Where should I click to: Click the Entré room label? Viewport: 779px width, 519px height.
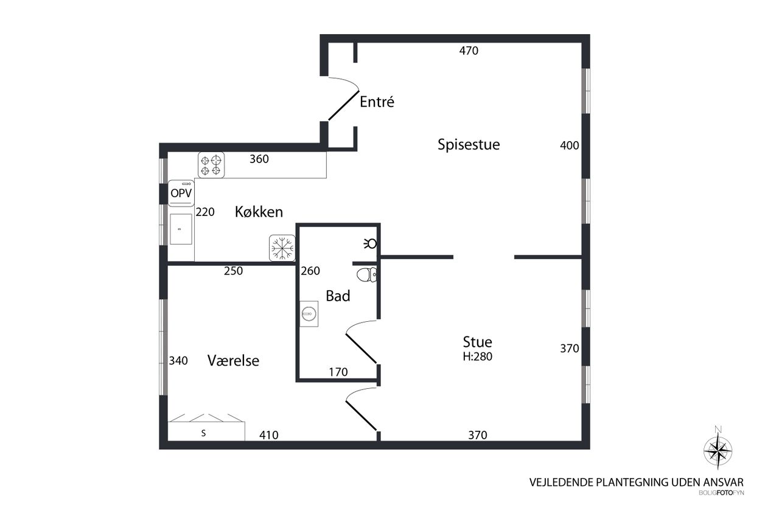click(x=377, y=102)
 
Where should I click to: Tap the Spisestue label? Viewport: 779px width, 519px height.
click(x=469, y=145)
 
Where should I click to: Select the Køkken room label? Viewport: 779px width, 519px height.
click(x=259, y=212)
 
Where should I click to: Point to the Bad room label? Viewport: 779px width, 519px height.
click(x=338, y=296)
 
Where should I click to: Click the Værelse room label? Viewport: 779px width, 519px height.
click(x=233, y=361)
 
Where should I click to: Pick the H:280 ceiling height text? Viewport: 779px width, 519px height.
click(x=477, y=357)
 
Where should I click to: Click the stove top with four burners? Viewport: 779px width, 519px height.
click(x=211, y=165)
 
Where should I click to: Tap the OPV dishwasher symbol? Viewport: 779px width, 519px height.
click(x=181, y=193)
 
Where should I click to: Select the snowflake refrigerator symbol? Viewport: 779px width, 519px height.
click(x=282, y=248)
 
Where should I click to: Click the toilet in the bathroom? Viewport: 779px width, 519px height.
click(x=366, y=274)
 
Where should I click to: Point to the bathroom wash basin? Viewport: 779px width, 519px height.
click(x=309, y=314)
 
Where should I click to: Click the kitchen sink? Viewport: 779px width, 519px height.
click(x=181, y=229)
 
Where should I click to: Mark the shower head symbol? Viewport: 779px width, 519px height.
click(x=371, y=243)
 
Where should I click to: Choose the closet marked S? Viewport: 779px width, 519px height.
click(x=206, y=431)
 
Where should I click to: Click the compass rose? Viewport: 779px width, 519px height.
click(x=718, y=451)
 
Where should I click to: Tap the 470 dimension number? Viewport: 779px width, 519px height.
click(x=469, y=51)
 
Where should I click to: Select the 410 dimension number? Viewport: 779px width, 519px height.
click(x=268, y=435)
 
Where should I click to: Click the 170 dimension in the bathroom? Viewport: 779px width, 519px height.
click(x=338, y=372)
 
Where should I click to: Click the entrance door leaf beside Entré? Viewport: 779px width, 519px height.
click(x=344, y=105)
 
